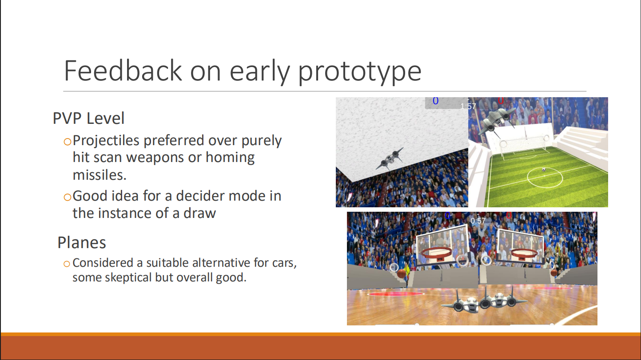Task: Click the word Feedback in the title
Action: click(x=123, y=71)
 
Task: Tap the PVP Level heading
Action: click(x=88, y=118)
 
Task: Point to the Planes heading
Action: click(x=82, y=242)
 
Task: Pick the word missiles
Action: click(x=100, y=175)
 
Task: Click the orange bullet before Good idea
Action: click(x=67, y=197)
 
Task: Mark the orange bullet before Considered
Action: click(x=66, y=264)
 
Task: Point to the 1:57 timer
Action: click(x=468, y=107)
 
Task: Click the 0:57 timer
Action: click(x=478, y=221)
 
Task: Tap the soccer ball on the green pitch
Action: click(x=544, y=170)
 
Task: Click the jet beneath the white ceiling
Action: click(x=390, y=159)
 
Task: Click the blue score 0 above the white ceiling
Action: click(x=435, y=101)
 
